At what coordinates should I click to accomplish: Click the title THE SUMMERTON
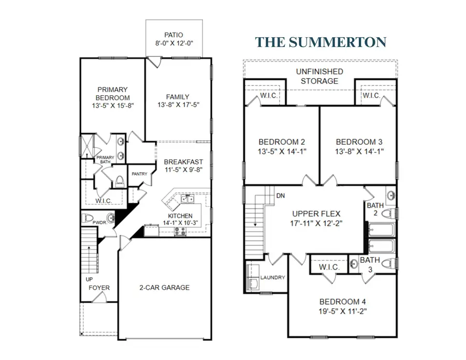pyautogui.click(x=321, y=41)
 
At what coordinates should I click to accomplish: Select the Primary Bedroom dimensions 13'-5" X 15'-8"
pyautogui.click(x=112, y=106)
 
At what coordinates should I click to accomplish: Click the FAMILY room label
pyautogui.click(x=178, y=97)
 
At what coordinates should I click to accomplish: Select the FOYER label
pyautogui.click(x=98, y=288)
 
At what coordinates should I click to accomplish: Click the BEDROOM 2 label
pyautogui.click(x=281, y=142)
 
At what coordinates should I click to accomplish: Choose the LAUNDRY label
pyautogui.click(x=273, y=277)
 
